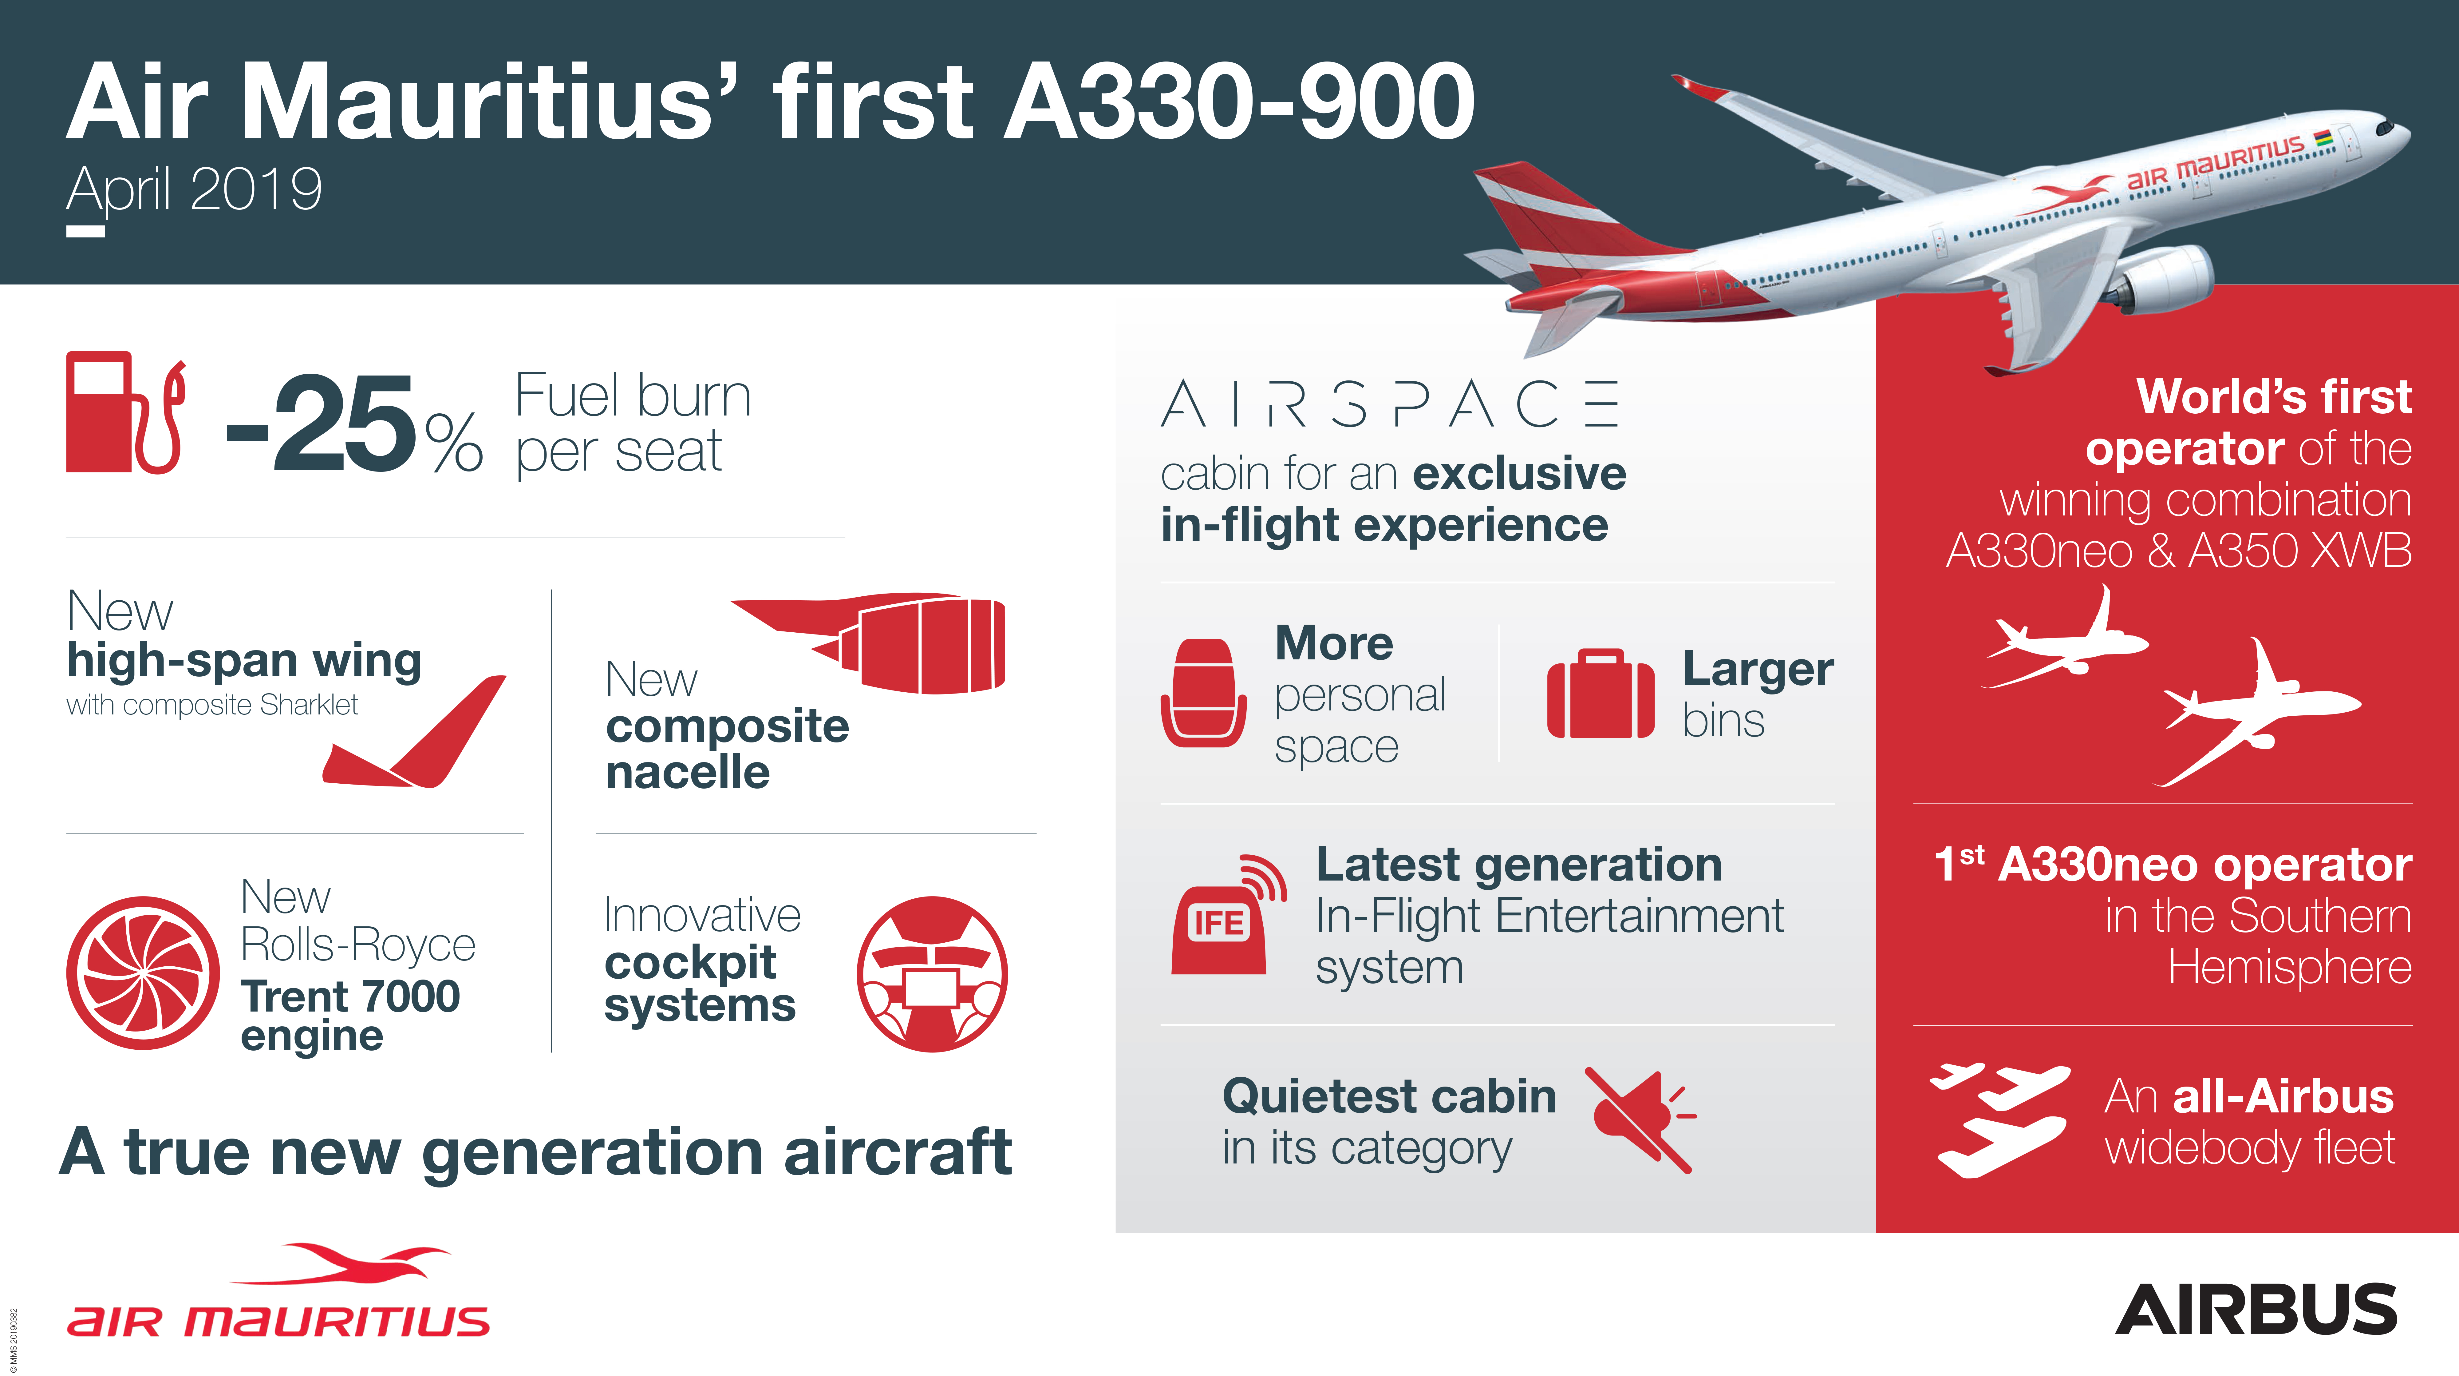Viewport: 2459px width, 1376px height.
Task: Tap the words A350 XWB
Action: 2300,551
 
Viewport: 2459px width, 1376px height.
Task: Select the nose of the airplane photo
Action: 2396,129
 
